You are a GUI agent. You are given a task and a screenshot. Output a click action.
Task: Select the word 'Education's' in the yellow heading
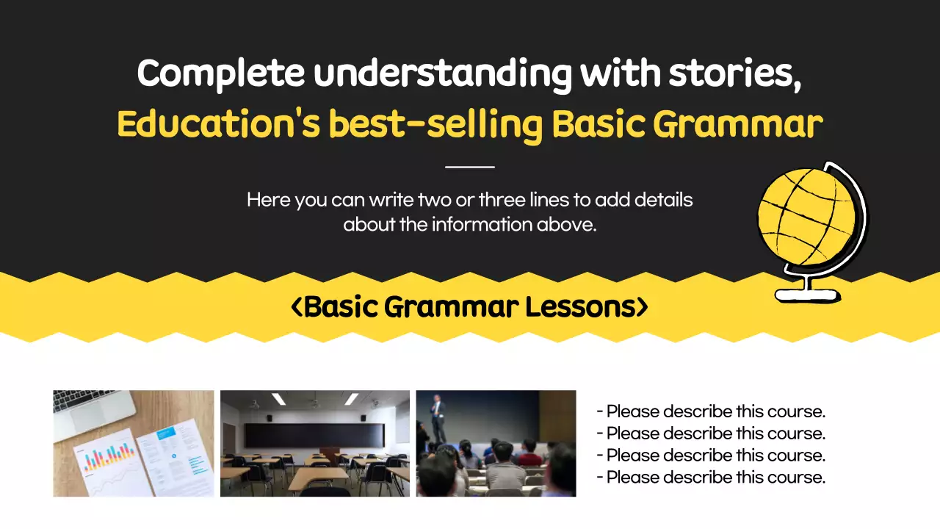coord(218,125)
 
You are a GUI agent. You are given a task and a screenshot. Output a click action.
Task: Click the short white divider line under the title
coord(470,167)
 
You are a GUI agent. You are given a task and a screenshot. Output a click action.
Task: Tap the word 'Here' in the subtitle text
coord(269,200)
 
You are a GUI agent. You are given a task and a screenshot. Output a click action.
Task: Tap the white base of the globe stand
coord(806,295)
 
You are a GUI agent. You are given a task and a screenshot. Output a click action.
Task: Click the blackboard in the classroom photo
coord(314,435)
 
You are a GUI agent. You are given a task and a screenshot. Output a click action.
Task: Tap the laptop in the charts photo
coord(92,406)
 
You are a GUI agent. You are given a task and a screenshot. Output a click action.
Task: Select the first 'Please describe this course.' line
coord(711,411)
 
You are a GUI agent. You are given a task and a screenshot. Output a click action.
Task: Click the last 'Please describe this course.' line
coord(711,478)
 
